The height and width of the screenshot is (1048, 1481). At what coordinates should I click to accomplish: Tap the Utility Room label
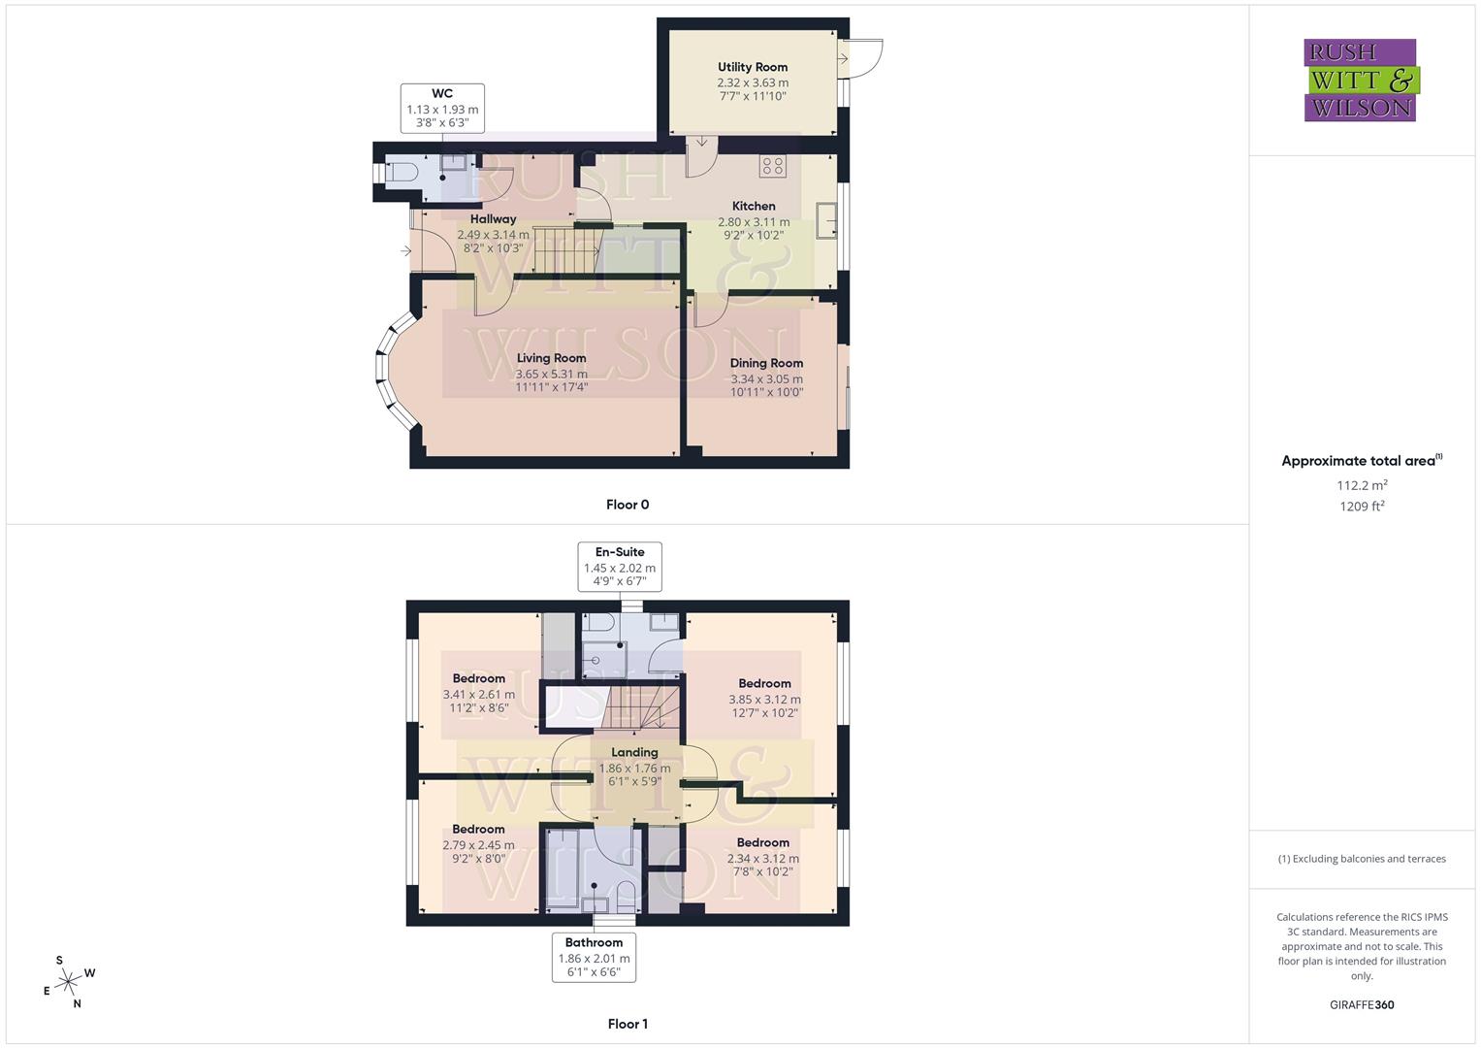(753, 67)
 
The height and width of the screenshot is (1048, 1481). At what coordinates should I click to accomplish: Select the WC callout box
(442, 108)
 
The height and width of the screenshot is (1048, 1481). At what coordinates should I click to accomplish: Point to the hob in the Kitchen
(773, 166)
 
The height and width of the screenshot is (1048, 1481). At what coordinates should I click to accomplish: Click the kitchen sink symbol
(827, 220)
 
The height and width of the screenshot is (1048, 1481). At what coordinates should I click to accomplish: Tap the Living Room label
(551, 358)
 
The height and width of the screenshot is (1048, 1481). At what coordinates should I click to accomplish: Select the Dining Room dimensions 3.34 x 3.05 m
(766, 378)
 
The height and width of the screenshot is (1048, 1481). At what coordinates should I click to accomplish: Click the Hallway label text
(493, 219)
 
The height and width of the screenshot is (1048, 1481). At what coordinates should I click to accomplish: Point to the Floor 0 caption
(628, 505)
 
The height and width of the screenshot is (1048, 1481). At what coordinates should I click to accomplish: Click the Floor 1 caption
(628, 1024)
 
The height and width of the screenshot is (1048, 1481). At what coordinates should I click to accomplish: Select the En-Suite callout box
(620, 567)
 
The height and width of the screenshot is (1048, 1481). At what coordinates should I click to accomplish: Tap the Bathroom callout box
(594, 957)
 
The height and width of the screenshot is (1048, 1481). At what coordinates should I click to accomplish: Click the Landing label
(634, 752)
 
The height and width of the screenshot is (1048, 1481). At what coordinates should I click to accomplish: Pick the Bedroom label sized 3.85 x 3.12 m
(764, 683)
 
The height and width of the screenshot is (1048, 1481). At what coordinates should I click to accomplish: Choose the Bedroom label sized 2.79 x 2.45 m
(478, 830)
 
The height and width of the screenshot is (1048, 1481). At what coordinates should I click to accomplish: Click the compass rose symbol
(68, 982)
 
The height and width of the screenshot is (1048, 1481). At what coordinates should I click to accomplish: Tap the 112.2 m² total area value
(1362, 485)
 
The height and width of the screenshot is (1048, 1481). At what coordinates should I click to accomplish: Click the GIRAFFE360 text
(1362, 1004)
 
